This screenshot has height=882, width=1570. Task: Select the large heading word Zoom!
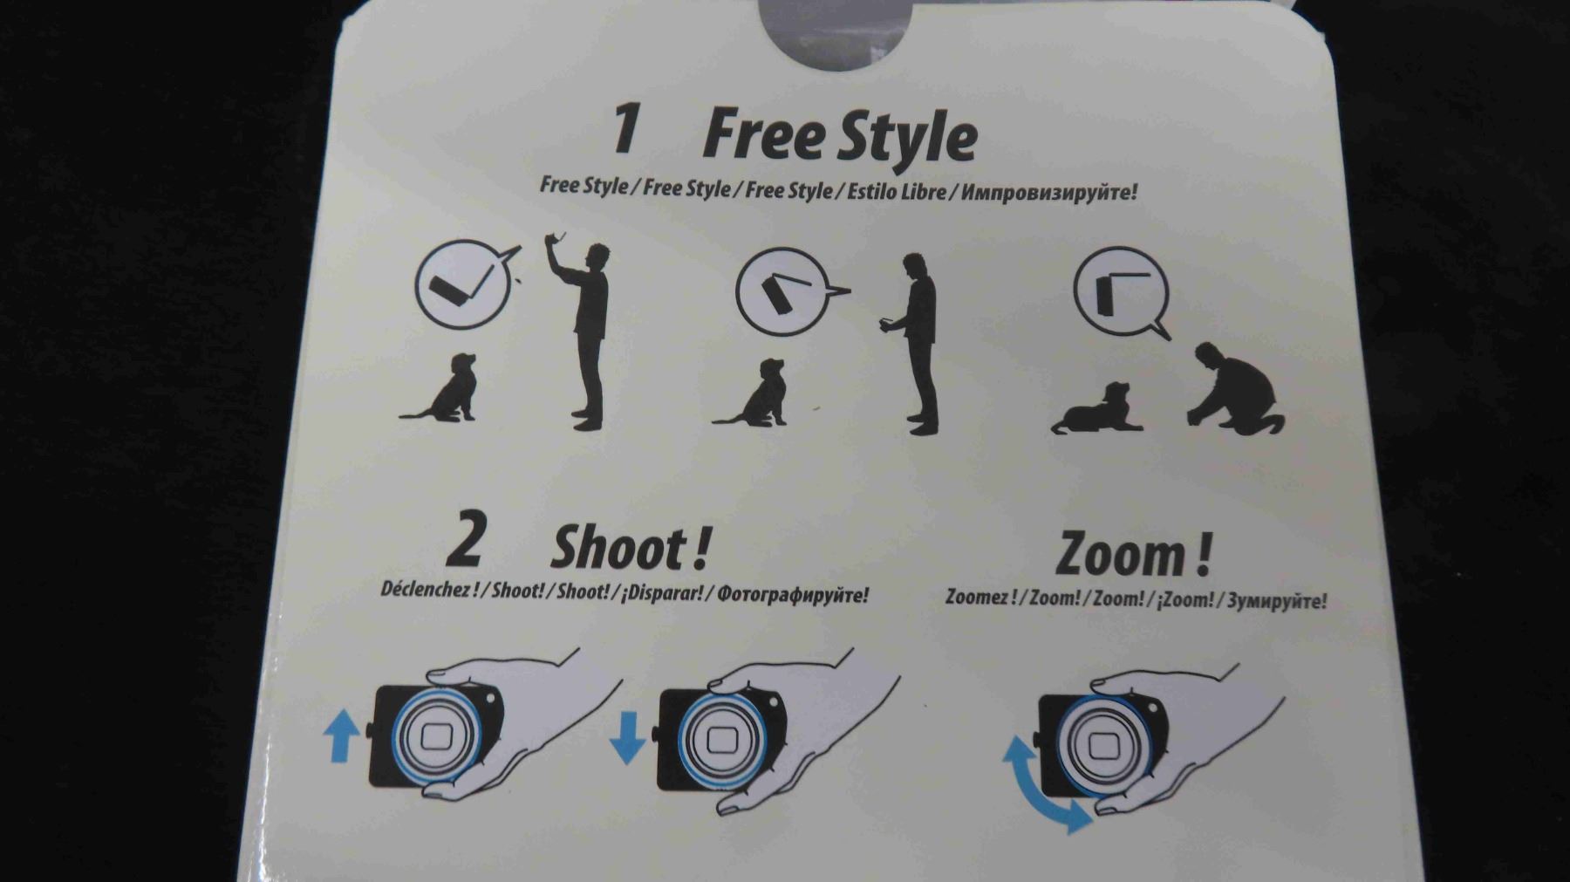(x=1133, y=554)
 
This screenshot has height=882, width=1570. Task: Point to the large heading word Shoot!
(x=630, y=549)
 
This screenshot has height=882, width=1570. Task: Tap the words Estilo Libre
(x=896, y=190)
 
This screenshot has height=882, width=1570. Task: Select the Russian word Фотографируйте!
(x=792, y=595)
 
